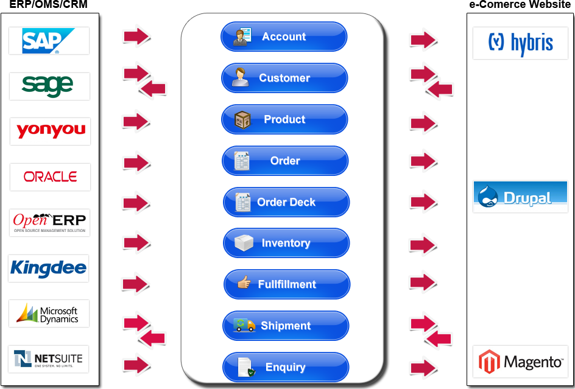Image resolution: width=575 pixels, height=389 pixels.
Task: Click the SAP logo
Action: pyautogui.click(x=49, y=41)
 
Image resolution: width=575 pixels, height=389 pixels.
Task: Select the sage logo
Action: pyautogui.click(x=49, y=86)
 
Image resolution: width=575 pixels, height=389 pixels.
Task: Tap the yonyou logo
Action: pyautogui.click(x=50, y=131)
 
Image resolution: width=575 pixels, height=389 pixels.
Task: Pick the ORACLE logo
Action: pyautogui.click(x=50, y=177)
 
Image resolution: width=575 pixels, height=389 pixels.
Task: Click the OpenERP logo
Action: pyautogui.click(x=50, y=222)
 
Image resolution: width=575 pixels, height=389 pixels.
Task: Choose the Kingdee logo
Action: pyautogui.click(x=49, y=268)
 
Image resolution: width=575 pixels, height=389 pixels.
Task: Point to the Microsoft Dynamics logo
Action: pyautogui.click(x=49, y=314)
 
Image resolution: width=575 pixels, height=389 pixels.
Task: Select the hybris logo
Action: pyautogui.click(x=520, y=43)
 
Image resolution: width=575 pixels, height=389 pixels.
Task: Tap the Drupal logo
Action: pyautogui.click(x=520, y=197)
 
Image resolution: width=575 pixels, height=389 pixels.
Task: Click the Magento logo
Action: pyautogui.click(x=520, y=362)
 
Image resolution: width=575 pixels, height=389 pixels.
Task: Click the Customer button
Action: pyautogui.click(x=284, y=78)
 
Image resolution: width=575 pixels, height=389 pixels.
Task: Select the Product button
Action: pyautogui.click(x=284, y=119)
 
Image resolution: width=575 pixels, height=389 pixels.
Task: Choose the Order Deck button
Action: pyautogui.click(x=286, y=202)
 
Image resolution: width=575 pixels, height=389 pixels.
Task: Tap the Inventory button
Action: pyautogui.click(x=286, y=243)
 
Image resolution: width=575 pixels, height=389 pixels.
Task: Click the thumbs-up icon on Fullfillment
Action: pyautogui.click(x=244, y=282)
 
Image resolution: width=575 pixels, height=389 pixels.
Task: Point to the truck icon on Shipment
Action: pyautogui.click(x=244, y=325)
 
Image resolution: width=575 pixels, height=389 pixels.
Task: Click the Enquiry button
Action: pyautogui.click(x=285, y=367)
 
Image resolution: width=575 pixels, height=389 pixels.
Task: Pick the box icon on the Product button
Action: pyautogui.click(x=243, y=119)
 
